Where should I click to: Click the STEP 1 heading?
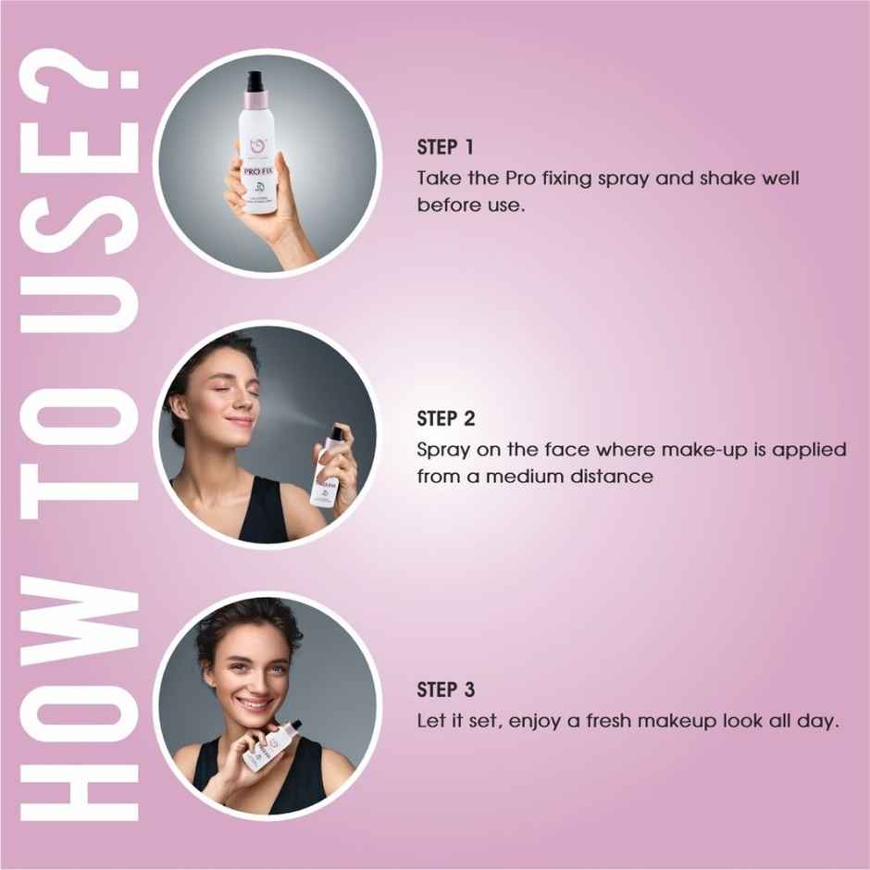pos(445,148)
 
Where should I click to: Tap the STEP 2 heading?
pos(446,419)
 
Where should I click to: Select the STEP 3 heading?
pos(446,690)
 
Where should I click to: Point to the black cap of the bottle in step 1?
pos(255,82)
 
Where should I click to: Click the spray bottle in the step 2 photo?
pos(329,467)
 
